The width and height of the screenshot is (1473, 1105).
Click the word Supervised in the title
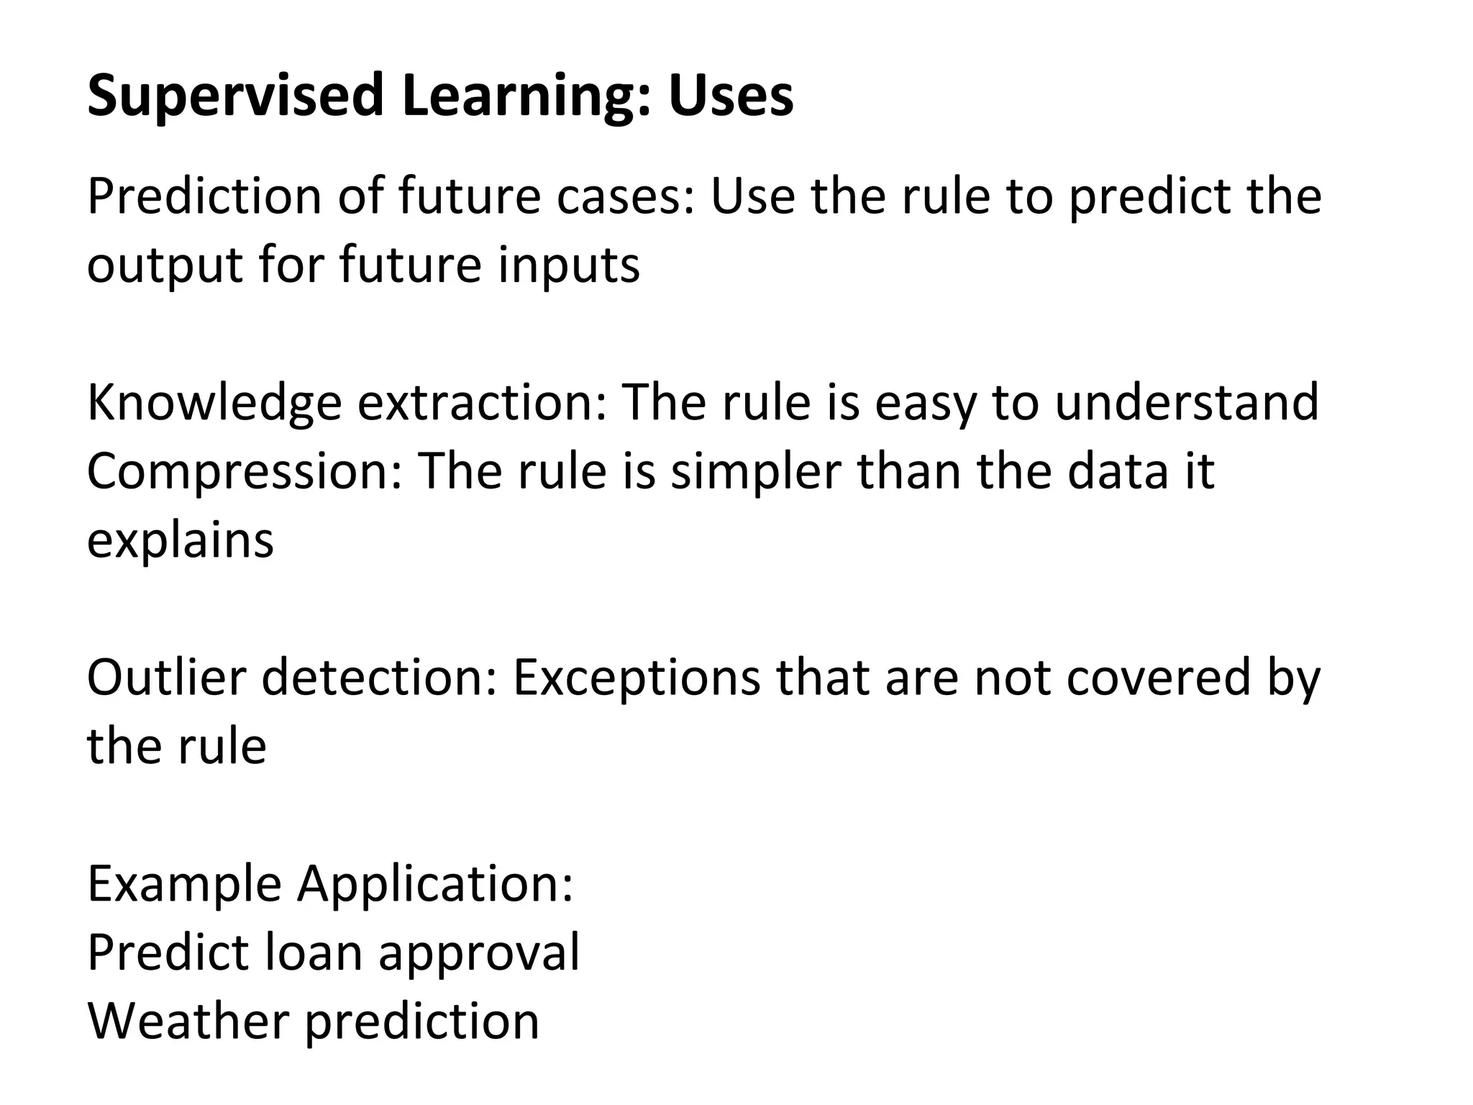(x=236, y=96)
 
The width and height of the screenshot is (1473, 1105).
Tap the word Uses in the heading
(x=731, y=96)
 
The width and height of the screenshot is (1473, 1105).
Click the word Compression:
(x=245, y=472)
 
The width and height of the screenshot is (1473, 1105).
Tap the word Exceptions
(x=637, y=678)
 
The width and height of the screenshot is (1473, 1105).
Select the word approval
(x=479, y=953)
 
